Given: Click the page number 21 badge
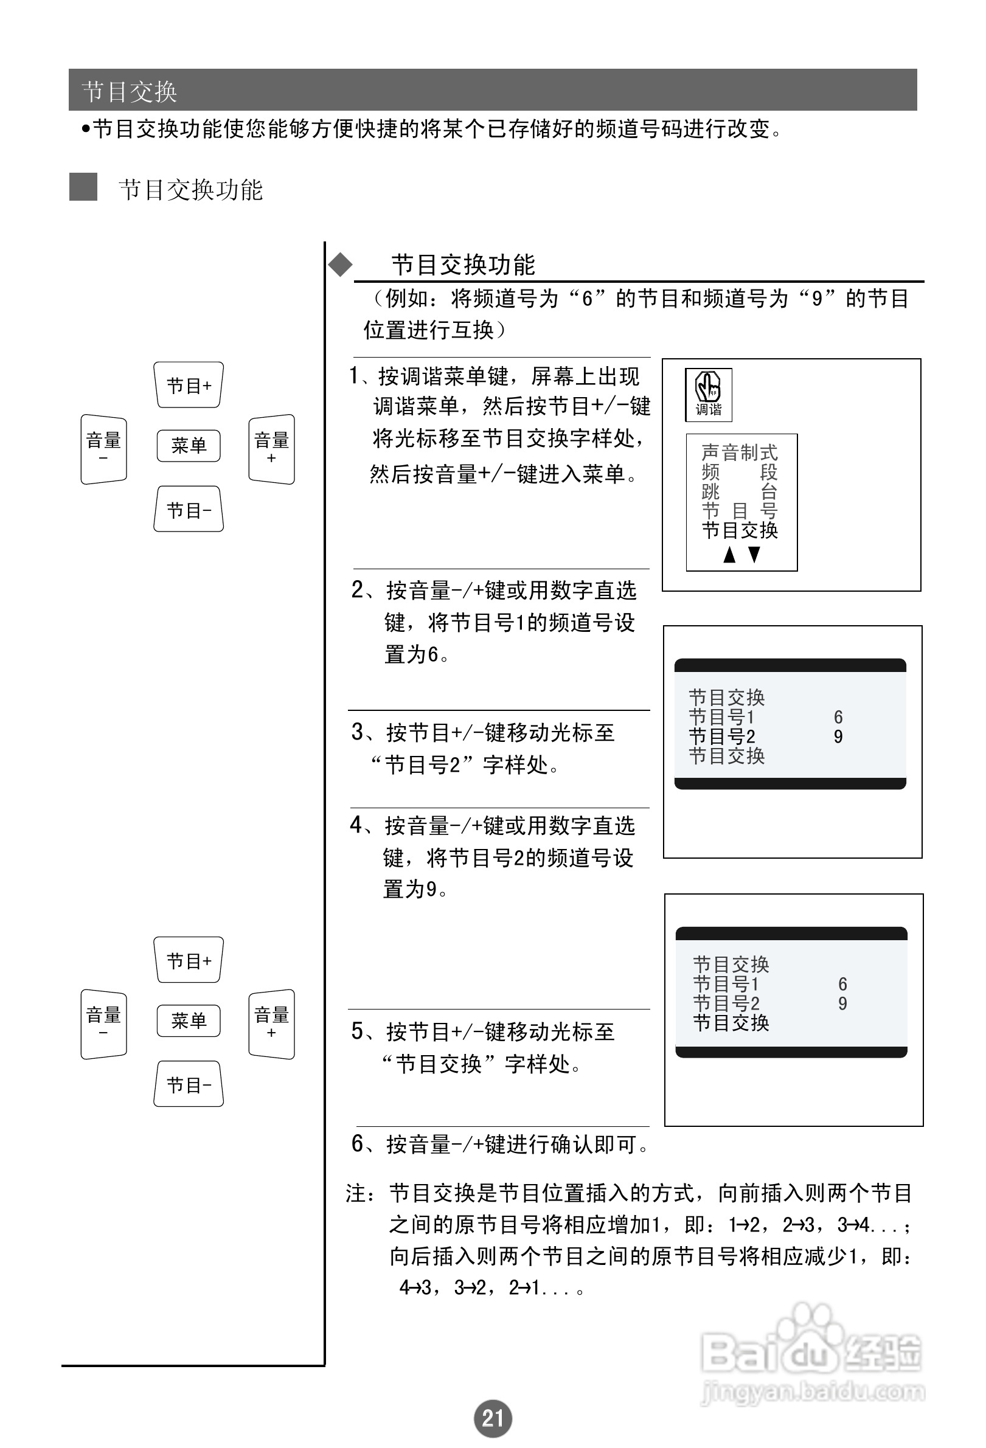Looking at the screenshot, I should point(492,1418).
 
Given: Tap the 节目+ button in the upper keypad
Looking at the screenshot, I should point(189,385).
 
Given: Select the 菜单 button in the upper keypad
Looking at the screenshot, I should point(189,446).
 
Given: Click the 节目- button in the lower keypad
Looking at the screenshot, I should point(189,1085).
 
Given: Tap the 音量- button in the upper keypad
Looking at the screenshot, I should point(103,449).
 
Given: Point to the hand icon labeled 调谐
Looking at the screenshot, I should point(708,395).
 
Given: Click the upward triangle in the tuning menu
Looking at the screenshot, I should point(729,555).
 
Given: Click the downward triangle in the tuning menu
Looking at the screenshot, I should point(754,555).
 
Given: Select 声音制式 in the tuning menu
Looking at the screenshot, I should point(739,452).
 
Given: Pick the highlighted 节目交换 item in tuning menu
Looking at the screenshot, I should point(740,530).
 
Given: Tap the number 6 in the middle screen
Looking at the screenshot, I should point(838,717).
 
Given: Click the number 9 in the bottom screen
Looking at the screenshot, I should point(842,1004).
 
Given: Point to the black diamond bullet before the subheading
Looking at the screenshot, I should point(340,265).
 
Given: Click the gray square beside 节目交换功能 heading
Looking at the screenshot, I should point(83,187).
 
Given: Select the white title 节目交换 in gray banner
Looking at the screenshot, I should point(130,92).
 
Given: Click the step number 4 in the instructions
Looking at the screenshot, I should point(356,825).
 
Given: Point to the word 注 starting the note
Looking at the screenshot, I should point(357,1193).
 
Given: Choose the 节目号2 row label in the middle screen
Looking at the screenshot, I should point(722,736).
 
